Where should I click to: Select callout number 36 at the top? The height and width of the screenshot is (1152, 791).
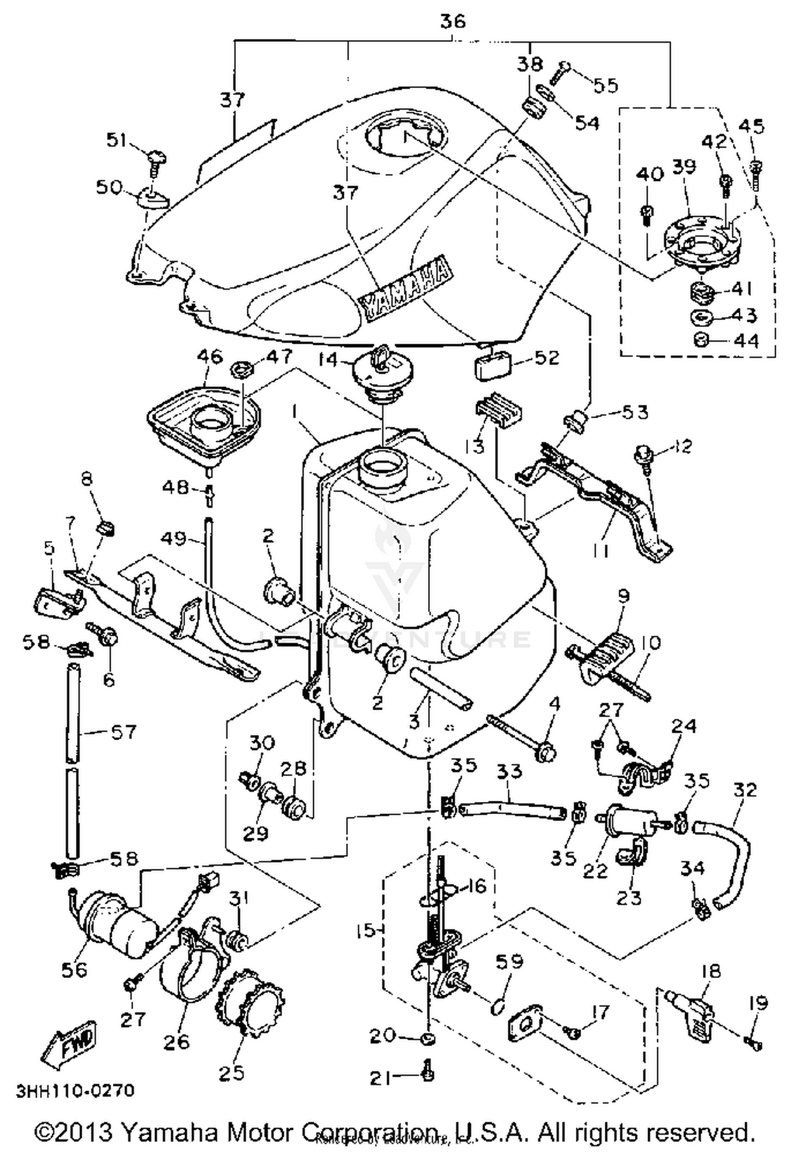(452, 22)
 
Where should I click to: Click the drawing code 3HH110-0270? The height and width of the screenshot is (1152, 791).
(75, 1091)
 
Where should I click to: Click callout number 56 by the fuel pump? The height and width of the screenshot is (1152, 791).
(74, 969)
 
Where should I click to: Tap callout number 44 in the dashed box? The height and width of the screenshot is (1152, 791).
(746, 341)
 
